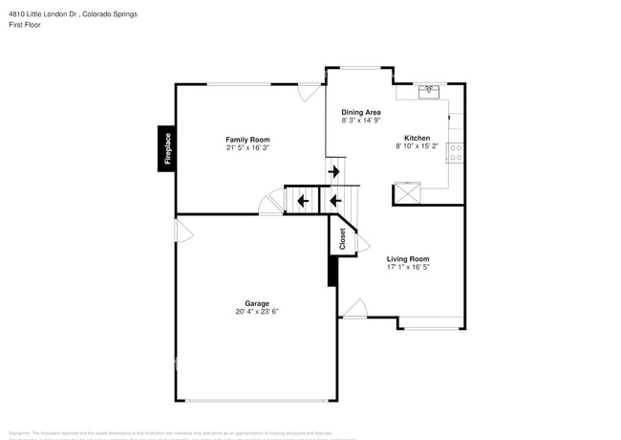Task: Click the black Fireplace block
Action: (166, 148)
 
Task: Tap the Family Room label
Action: (247, 140)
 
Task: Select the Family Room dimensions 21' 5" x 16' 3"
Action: (247, 148)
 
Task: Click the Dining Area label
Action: (361, 112)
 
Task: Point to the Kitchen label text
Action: (417, 138)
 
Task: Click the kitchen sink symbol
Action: (429, 91)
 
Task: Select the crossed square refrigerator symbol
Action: (408, 193)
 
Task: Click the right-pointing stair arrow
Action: (334, 172)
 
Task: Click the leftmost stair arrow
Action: (302, 201)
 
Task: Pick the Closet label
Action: (343, 239)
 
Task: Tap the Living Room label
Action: (408, 259)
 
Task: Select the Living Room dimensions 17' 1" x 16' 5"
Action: (408, 268)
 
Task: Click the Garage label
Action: (257, 303)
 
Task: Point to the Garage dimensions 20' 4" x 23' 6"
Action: (257, 312)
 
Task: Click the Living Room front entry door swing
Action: (354, 308)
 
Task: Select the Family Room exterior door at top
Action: (309, 92)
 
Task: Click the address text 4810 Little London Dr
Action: (48, 13)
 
